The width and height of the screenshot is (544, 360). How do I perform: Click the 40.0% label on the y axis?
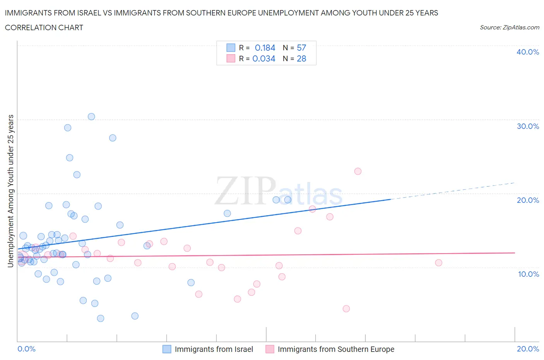pos(527,52)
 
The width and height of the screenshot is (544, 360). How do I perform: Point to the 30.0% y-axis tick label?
pos(527,126)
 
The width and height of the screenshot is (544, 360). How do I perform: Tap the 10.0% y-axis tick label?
pos(528,274)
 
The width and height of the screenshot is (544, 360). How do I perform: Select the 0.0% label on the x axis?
pos(27,349)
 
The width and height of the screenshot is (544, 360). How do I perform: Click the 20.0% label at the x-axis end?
pos(528,349)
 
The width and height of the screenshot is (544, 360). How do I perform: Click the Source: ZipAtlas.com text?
pos(509,27)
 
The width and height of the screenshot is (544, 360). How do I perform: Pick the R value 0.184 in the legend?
pos(265,48)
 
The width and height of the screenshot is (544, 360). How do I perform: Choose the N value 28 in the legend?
pos(301,58)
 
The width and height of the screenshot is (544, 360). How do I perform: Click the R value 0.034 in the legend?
pos(264,58)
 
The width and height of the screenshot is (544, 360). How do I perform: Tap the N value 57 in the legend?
pos(301,48)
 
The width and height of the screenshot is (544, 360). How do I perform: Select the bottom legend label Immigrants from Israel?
pos(214,349)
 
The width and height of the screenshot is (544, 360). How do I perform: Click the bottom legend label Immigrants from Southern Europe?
pos(336,349)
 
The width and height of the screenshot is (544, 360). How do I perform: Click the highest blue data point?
pos(91,117)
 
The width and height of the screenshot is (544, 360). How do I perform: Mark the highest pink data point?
pos(358,171)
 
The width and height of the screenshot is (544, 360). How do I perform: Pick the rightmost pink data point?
pos(438,262)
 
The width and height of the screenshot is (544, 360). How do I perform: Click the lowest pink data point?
pos(346,309)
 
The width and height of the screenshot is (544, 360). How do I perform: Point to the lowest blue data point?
pos(101,318)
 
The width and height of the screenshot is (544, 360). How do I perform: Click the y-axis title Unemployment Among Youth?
pos(10,191)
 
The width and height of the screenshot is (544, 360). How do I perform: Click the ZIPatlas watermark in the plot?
pos(279,192)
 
